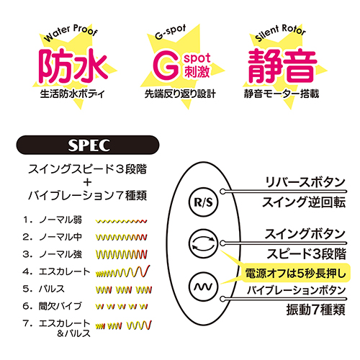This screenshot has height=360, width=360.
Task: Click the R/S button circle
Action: (x=204, y=202)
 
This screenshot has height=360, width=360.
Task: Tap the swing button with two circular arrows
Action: (x=204, y=243)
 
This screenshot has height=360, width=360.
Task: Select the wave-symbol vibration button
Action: (x=204, y=287)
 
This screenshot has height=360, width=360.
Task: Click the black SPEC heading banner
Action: (x=88, y=145)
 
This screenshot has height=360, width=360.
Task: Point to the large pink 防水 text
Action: (x=73, y=66)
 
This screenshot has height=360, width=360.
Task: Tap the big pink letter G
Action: (x=166, y=65)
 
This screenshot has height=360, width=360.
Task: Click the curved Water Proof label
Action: (x=71, y=32)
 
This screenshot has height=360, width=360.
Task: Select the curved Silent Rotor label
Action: (x=280, y=32)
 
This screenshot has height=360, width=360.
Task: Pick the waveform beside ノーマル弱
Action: (x=121, y=221)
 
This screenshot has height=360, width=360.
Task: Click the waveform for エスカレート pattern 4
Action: (x=122, y=271)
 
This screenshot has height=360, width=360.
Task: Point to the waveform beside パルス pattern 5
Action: (x=124, y=290)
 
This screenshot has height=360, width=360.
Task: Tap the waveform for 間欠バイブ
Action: (x=122, y=307)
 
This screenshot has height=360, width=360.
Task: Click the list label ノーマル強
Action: (x=60, y=254)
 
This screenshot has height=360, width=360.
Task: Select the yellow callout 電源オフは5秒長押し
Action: (x=295, y=273)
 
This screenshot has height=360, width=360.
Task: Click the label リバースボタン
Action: (x=305, y=182)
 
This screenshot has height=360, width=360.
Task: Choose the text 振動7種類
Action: (x=315, y=310)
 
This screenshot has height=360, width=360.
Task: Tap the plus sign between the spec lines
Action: (x=88, y=182)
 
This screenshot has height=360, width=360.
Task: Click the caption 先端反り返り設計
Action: (x=180, y=94)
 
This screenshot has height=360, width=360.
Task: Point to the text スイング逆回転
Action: (x=304, y=202)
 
